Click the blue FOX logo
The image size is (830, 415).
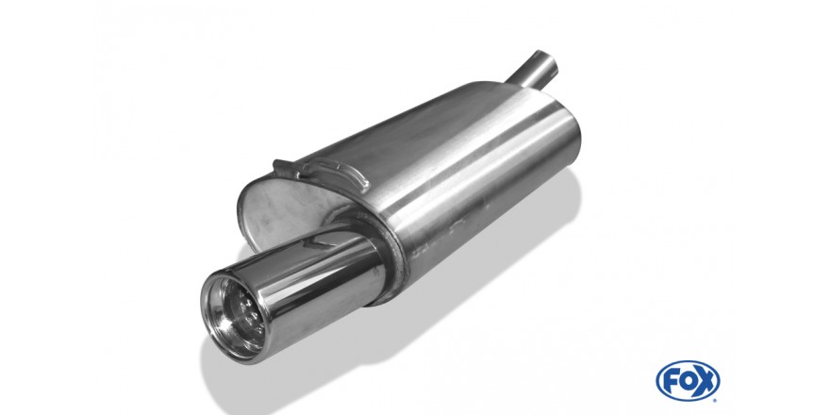(x=688, y=381)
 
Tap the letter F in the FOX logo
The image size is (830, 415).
(x=670, y=381)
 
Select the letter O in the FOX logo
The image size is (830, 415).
(x=687, y=381)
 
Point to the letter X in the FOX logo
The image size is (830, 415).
(x=706, y=381)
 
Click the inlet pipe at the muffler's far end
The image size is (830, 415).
(x=533, y=70)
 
